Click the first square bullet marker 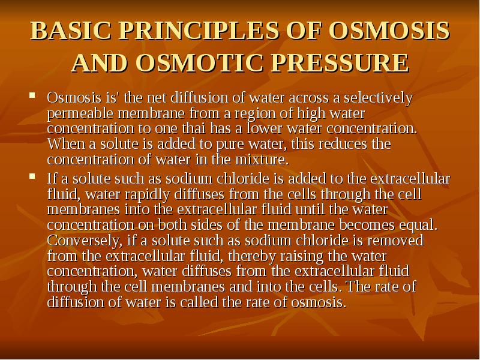tap(34, 96)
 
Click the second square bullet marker tap(34, 178)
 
